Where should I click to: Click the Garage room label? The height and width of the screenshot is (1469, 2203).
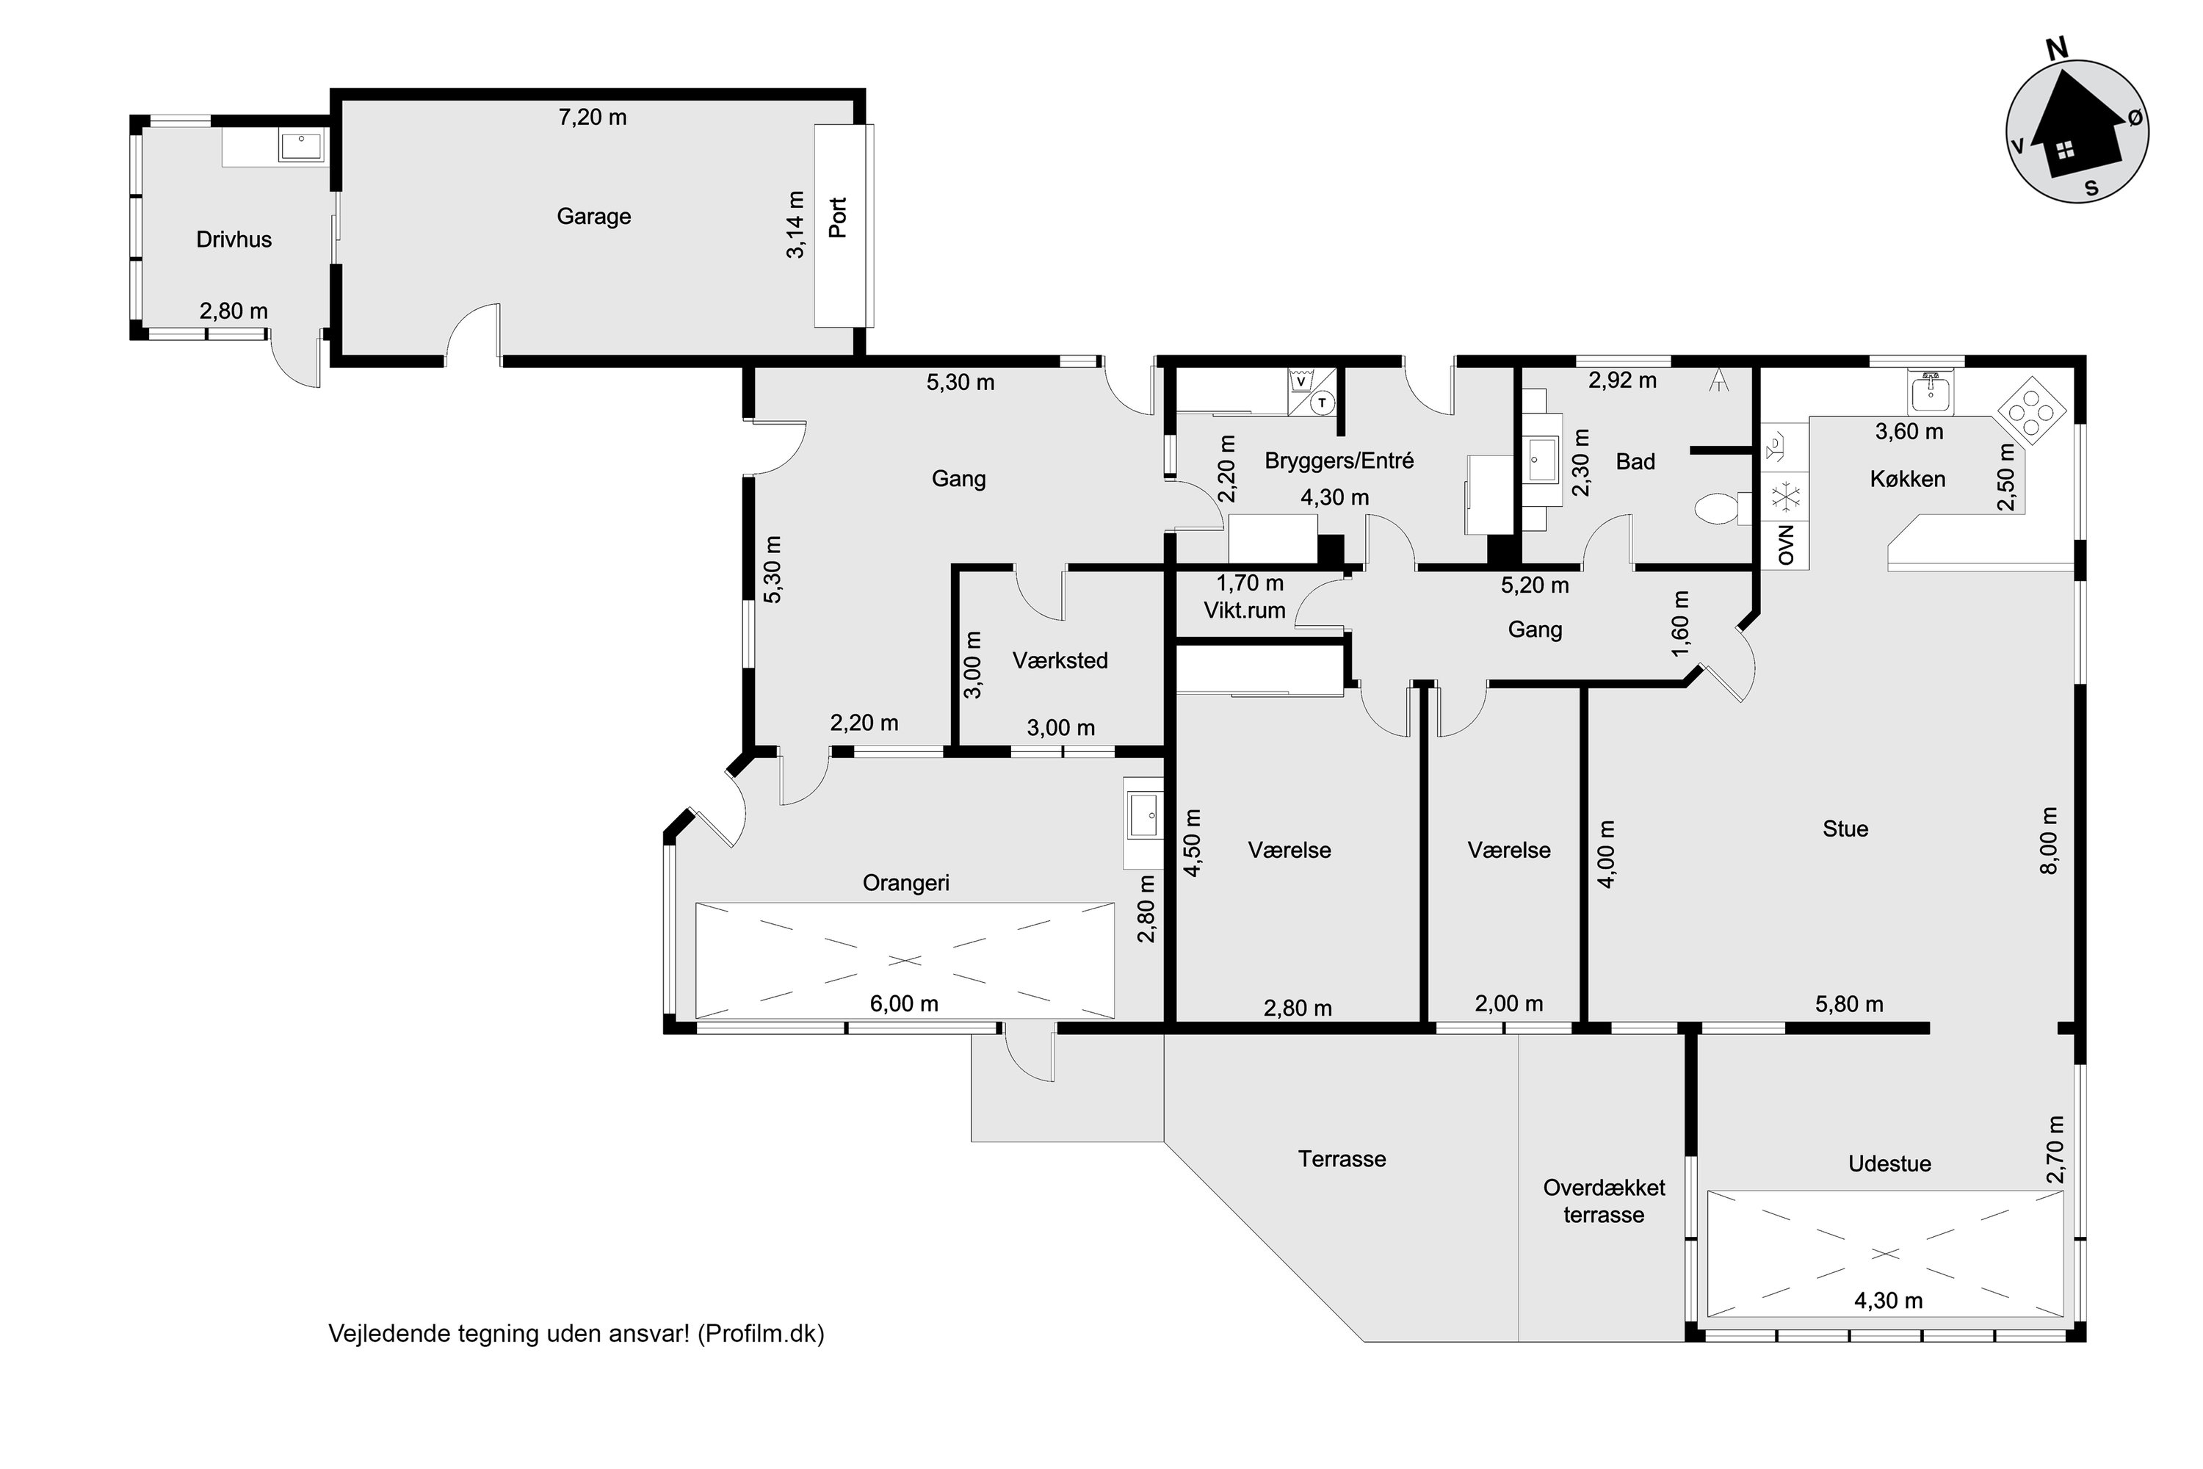594,217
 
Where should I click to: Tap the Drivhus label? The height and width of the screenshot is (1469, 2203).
234,240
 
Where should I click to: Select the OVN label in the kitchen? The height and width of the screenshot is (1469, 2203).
1785,545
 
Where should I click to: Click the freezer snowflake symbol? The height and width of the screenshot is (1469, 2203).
1785,497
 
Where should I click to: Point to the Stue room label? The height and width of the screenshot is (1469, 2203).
1845,829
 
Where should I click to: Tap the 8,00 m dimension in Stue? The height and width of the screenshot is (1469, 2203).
2050,840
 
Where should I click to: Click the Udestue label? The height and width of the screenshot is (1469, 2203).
1889,1164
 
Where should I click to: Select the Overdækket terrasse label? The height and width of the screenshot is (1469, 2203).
1604,1202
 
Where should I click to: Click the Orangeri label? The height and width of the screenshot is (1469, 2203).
905,884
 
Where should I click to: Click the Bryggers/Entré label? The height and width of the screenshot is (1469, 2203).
1339,461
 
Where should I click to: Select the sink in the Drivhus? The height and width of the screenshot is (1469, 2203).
302,147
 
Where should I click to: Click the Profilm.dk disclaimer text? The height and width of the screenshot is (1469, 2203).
576,1334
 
